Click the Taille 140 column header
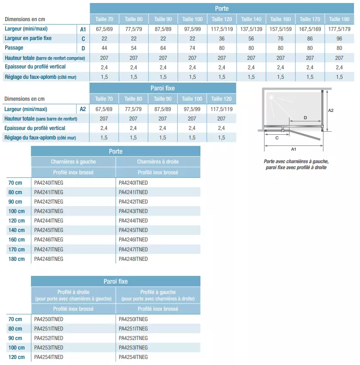pyautogui.click(x=251, y=19)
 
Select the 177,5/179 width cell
pyautogui.click(x=339, y=29)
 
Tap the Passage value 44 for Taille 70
pyautogui.click(x=104, y=48)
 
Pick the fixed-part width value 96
pyautogui.click(x=339, y=39)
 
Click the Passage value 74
pyautogui.click(x=192, y=48)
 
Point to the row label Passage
pyautogui.click(x=14, y=48)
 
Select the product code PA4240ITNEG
pyautogui.click(x=49, y=182)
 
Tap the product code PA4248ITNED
pyautogui.click(x=133, y=259)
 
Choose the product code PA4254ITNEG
pyautogui.click(x=133, y=357)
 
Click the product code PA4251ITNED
pyautogui.click(x=49, y=329)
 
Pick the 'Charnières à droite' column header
pyautogui.click(x=158, y=162)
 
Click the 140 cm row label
pyautogui.click(x=16, y=230)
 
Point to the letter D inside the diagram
pyautogui.click(x=305, y=118)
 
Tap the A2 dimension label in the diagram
pyautogui.click(x=331, y=110)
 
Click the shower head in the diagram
pyautogui.click(x=271, y=97)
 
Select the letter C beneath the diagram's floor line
pyautogui.click(x=277, y=138)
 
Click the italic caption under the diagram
pyautogui.click(x=295, y=164)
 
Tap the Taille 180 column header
pyautogui.click(x=339, y=19)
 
